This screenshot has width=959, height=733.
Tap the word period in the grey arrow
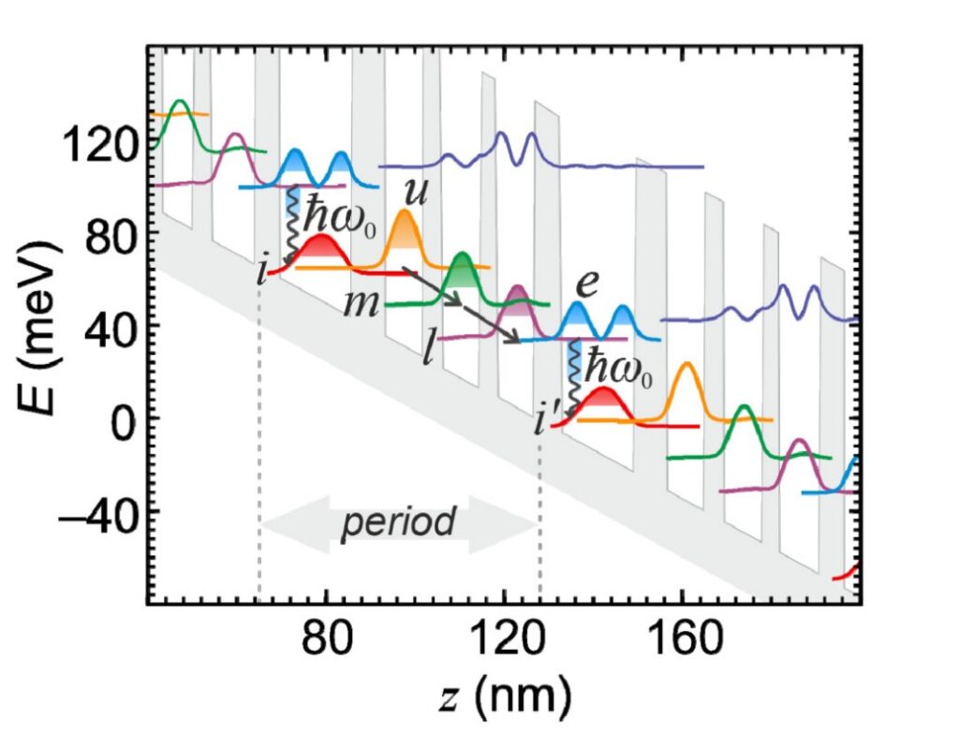(x=398, y=522)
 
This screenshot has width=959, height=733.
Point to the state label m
(x=359, y=305)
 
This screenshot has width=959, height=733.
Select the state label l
(x=428, y=354)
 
